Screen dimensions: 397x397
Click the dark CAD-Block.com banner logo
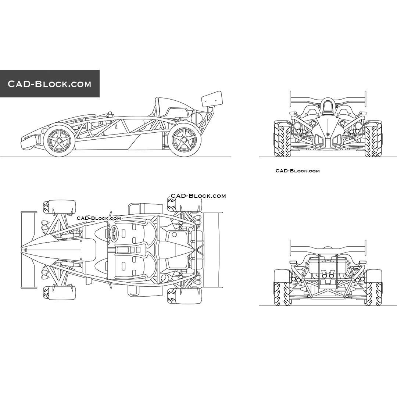click(50, 84)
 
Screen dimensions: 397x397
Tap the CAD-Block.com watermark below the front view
click(297, 171)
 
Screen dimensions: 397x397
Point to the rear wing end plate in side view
click(212, 99)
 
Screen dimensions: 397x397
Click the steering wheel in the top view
click(114, 232)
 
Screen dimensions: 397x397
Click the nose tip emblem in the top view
click(25, 250)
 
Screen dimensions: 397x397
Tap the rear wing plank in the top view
click(212, 250)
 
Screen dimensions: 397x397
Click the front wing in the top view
click(29, 250)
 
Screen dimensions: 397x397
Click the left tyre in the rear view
click(282, 287)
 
